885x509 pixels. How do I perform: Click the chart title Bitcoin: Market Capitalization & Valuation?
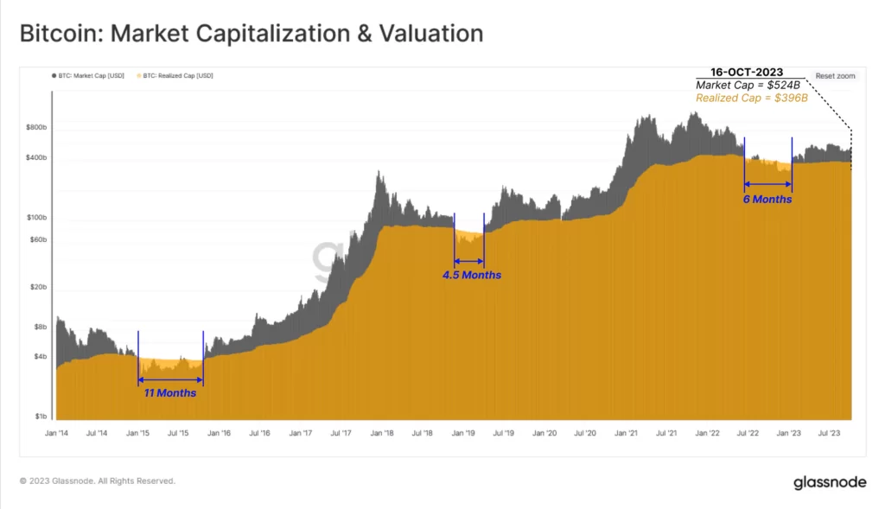(x=251, y=35)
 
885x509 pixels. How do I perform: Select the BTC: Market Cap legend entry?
(x=87, y=76)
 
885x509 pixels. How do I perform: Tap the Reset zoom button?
(x=835, y=76)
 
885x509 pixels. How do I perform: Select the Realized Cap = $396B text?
(x=751, y=99)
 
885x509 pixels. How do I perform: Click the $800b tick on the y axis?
(x=36, y=128)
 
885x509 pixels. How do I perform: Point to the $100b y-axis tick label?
(x=36, y=218)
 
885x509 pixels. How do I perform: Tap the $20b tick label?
(x=39, y=287)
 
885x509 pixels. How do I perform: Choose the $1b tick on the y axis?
(x=41, y=417)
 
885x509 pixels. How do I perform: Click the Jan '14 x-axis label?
(x=56, y=432)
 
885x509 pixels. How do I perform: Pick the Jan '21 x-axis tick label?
(x=627, y=432)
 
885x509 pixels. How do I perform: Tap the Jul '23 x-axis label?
(x=830, y=432)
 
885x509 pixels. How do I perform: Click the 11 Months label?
(x=170, y=393)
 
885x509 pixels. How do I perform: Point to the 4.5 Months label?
(x=471, y=275)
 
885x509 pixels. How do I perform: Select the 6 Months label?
(x=767, y=199)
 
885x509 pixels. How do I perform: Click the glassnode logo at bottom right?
(x=830, y=482)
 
